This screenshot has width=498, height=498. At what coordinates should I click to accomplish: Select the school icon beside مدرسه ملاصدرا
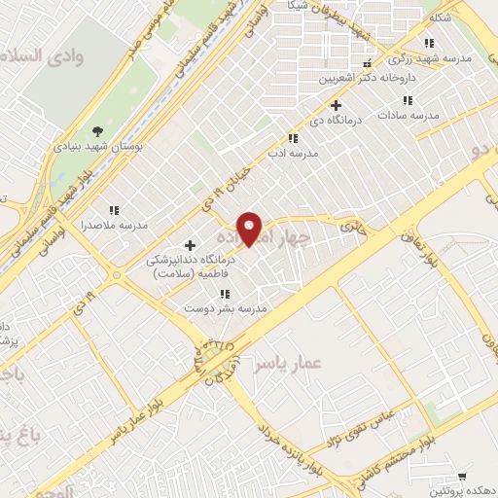114,210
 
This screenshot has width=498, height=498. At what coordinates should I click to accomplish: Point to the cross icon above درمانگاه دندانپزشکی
190,245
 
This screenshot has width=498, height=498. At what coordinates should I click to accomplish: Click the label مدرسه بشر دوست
226,307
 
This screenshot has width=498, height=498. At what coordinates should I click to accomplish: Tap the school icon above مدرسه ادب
294,138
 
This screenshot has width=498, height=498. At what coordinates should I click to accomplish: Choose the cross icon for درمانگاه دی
337,105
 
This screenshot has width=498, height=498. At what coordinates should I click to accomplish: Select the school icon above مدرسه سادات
406,100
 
